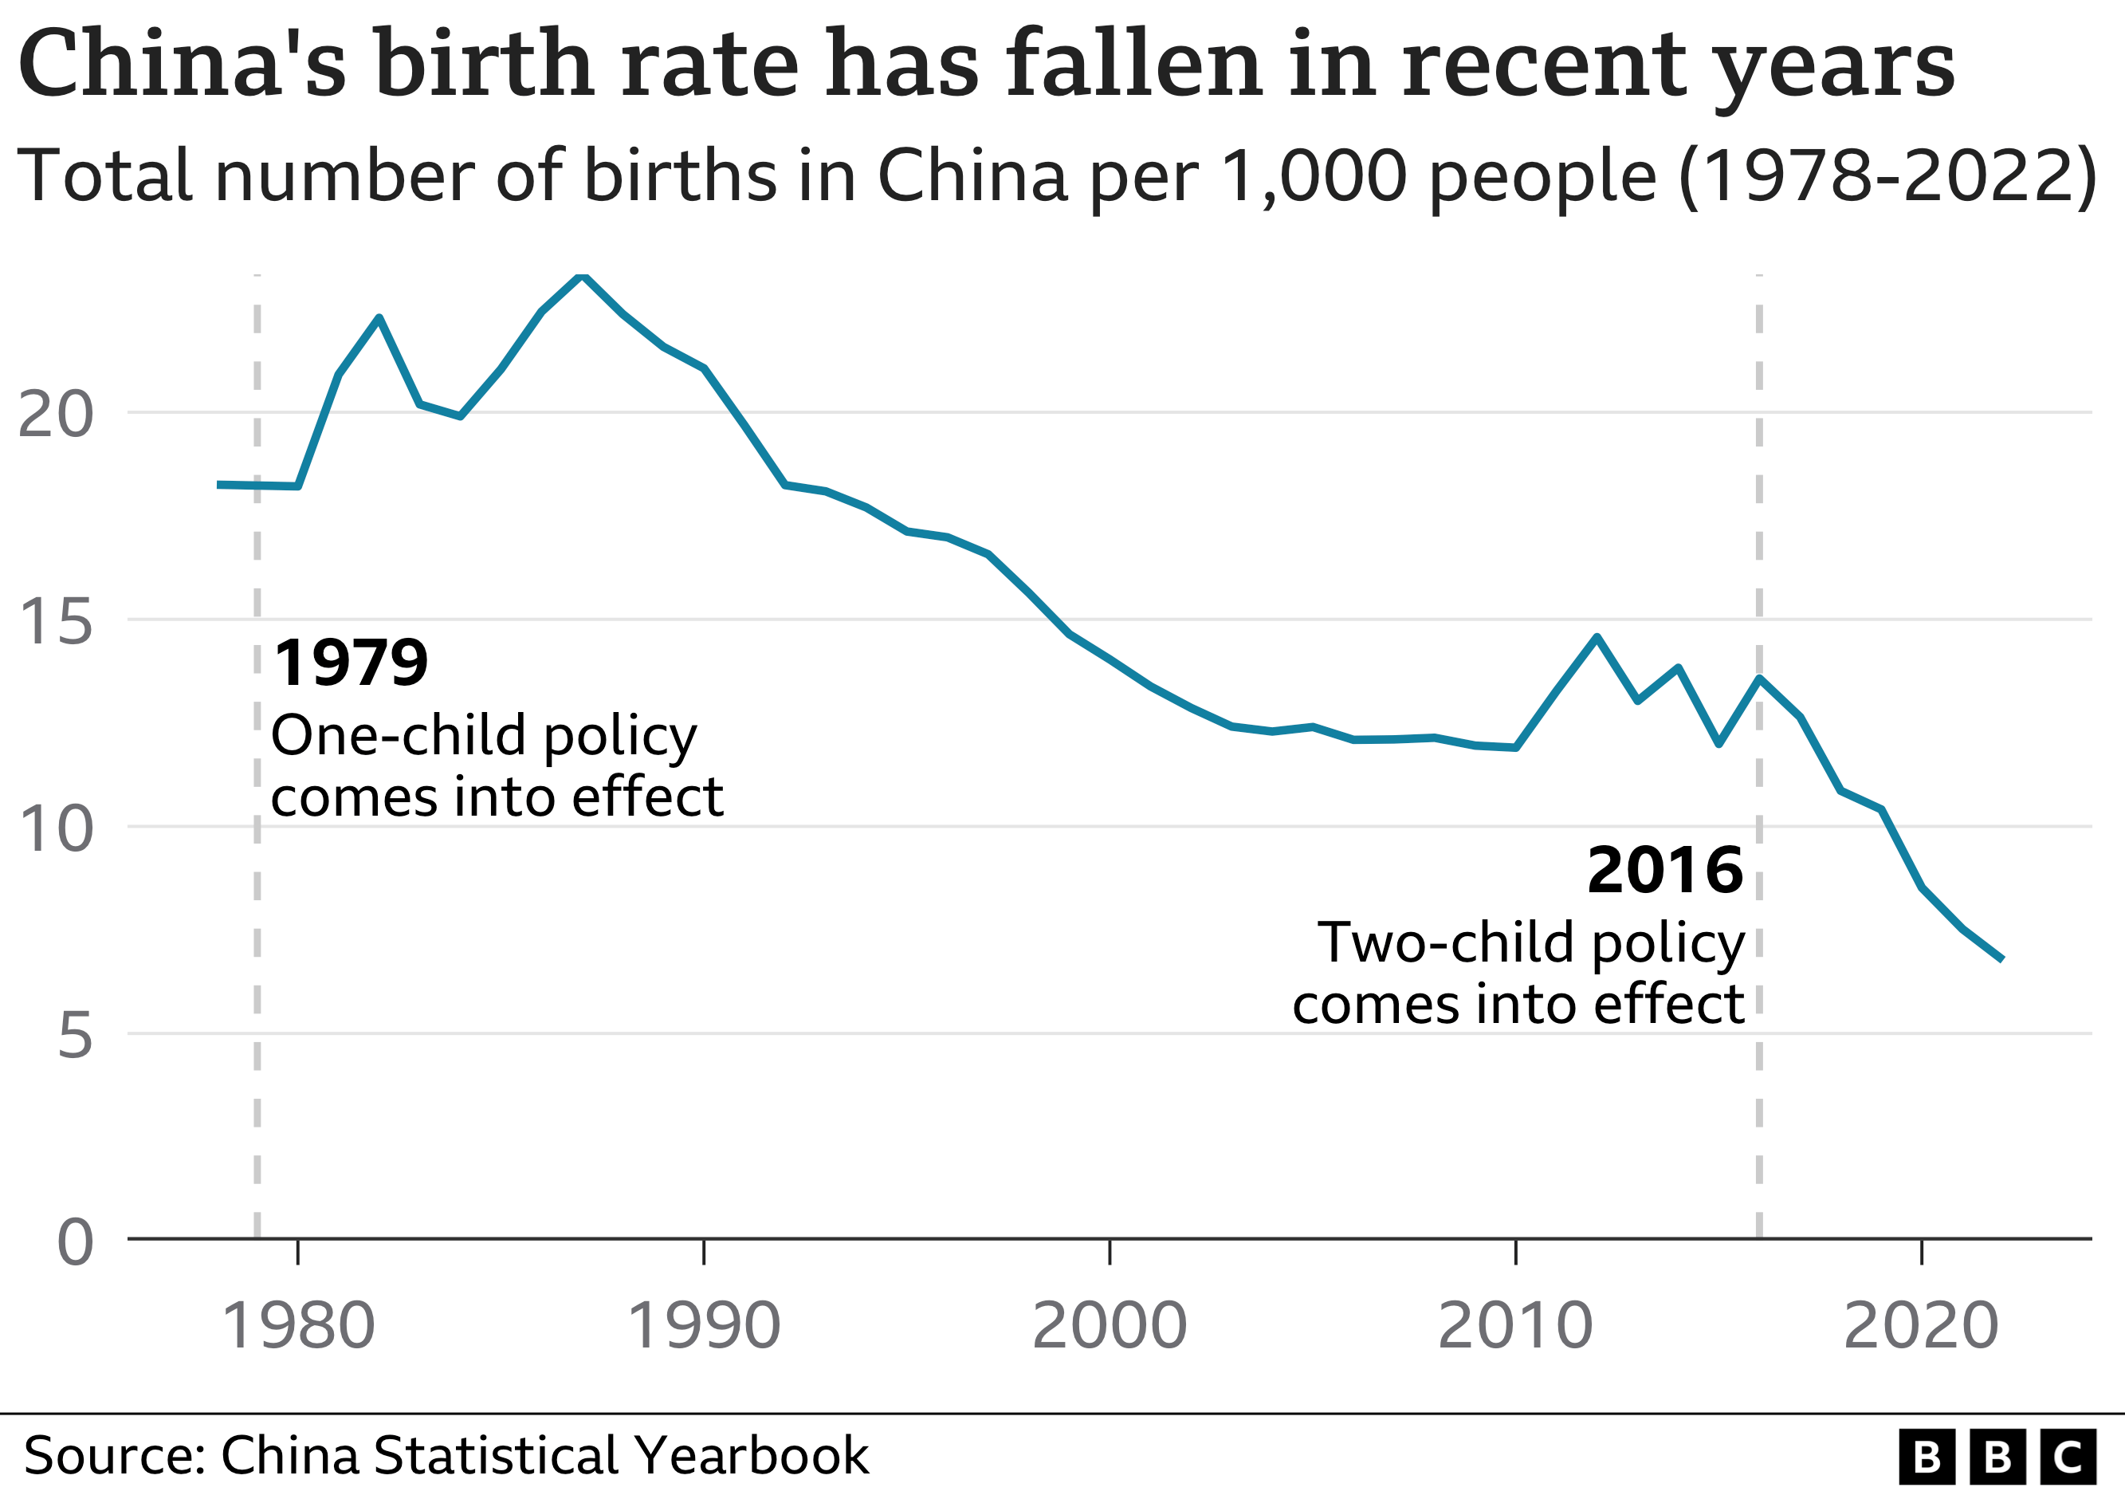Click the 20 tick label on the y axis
(56, 414)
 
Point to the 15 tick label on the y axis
(56, 620)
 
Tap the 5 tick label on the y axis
(75, 1035)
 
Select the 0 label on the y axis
(75, 1242)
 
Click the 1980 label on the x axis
(298, 1326)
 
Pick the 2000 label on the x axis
(1109, 1326)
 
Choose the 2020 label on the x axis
(1922, 1326)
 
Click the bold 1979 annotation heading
(351, 663)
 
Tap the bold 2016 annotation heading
(1664, 870)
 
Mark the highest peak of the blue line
(582, 275)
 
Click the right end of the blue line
(2002, 959)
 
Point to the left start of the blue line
(219, 484)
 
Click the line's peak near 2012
(1597, 637)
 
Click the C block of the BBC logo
(2068, 1457)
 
